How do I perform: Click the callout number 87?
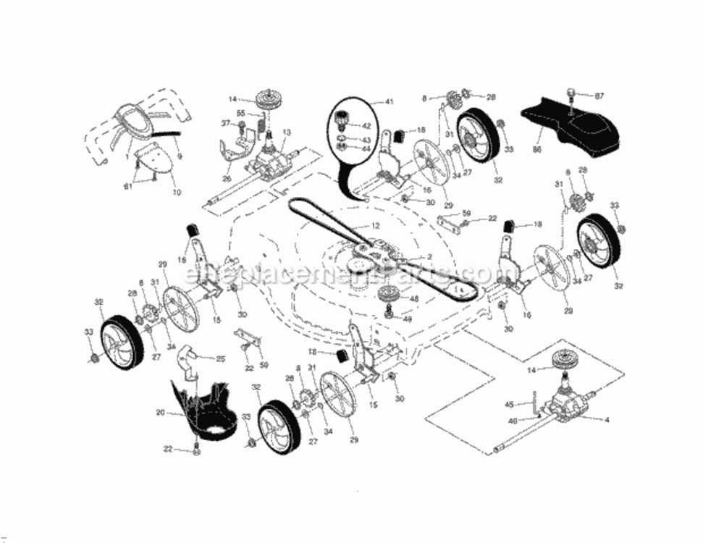pos(599,96)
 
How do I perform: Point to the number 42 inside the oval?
pos(366,126)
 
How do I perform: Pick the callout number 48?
pos(414,298)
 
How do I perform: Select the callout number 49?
pos(407,319)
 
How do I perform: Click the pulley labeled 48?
pos(390,295)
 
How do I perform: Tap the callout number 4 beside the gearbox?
pos(607,419)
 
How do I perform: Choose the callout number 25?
pos(221,358)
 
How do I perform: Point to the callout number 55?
pos(241,114)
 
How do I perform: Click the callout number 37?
pos(225,124)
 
